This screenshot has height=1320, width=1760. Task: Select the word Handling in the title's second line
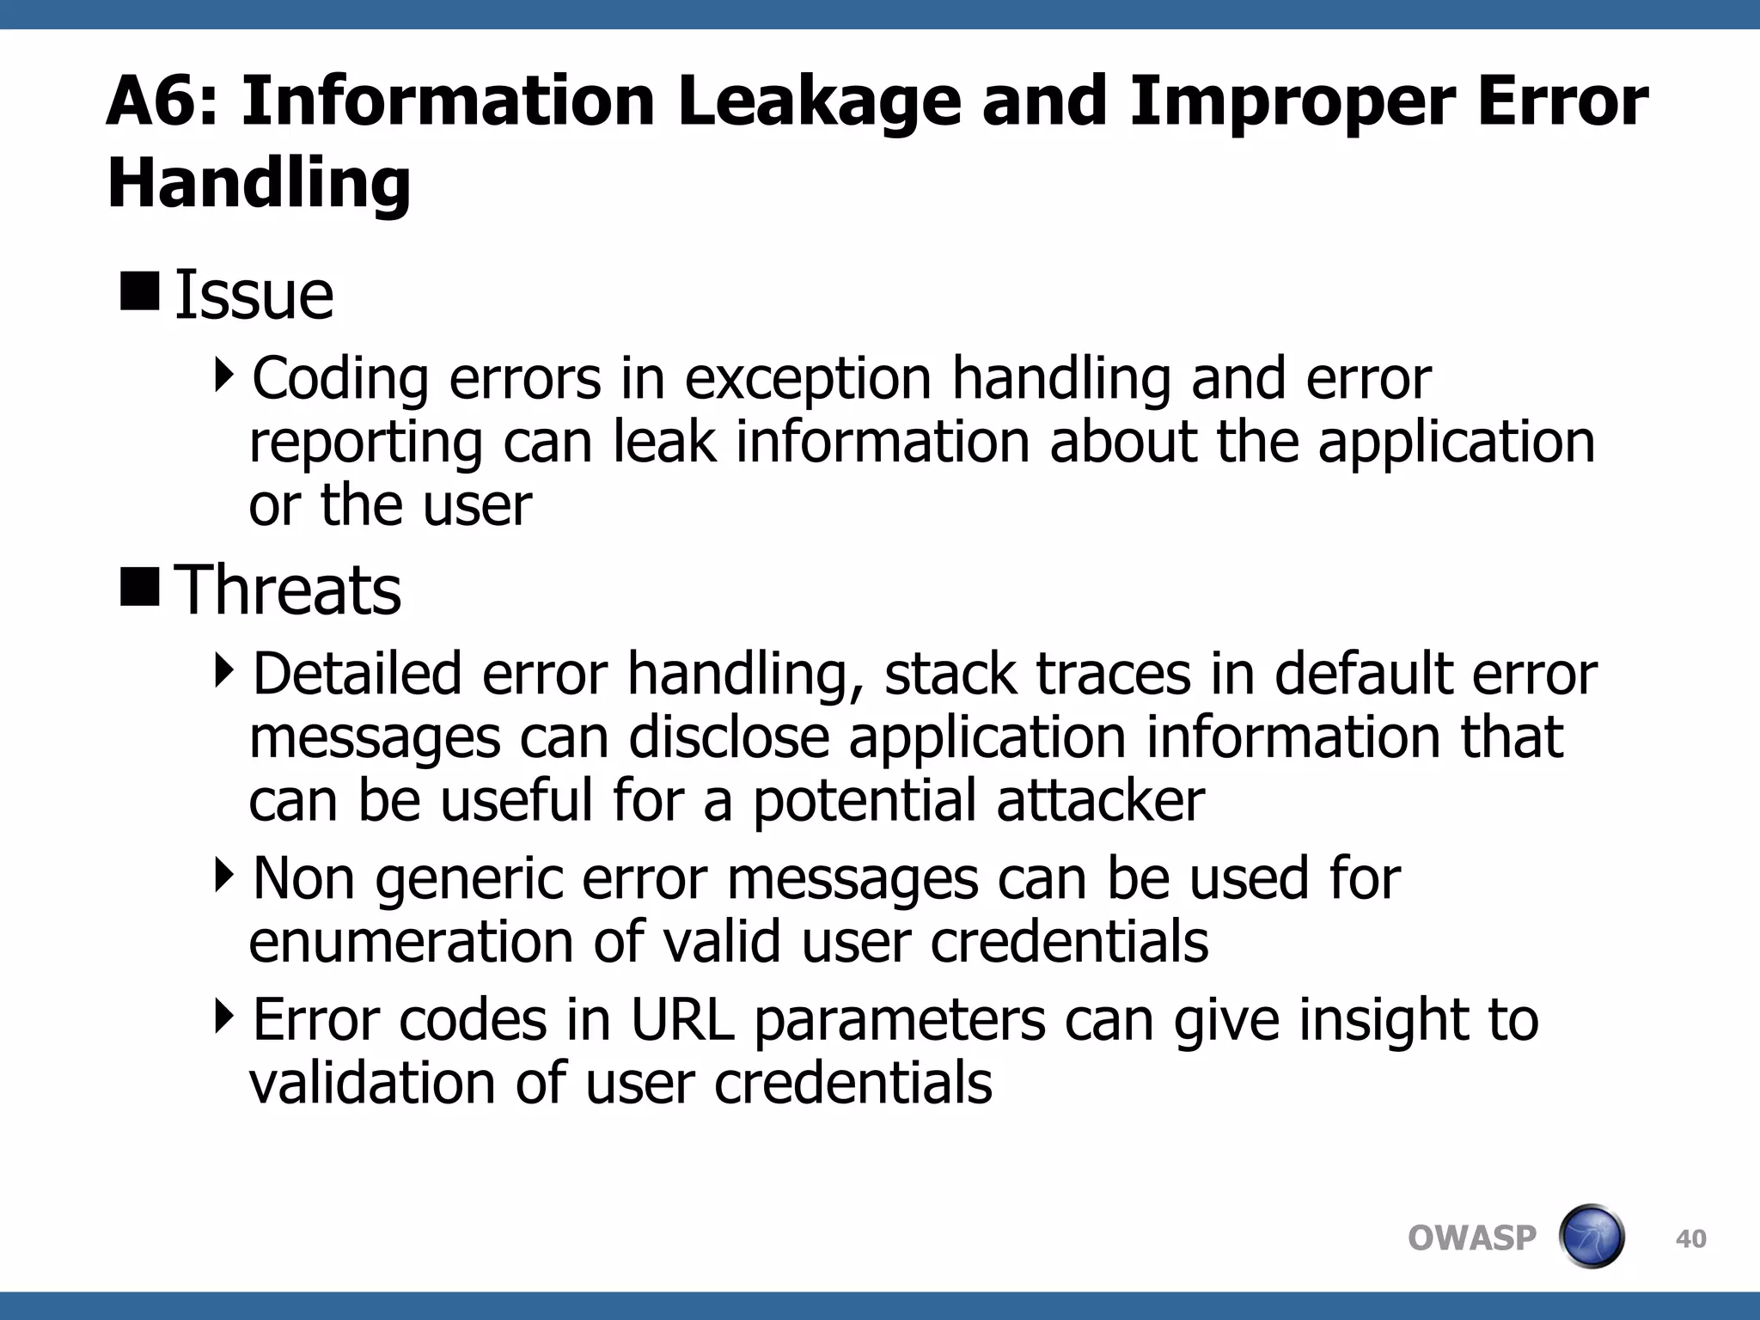point(259,184)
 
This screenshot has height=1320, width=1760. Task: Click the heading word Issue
point(254,295)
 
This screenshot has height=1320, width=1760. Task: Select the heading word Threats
point(287,590)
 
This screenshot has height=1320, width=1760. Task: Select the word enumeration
point(410,942)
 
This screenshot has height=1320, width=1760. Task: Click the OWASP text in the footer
point(1471,1238)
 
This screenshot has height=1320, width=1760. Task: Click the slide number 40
point(1690,1239)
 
